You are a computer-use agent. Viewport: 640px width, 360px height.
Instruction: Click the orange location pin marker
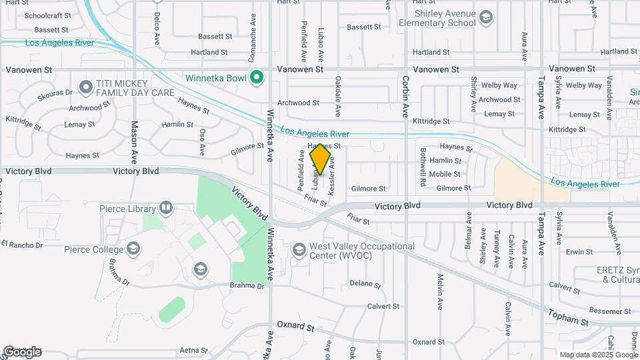[321, 160]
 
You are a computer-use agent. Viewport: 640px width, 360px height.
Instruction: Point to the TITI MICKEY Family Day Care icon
[85, 87]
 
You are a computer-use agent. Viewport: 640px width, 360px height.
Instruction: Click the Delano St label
[365, 284]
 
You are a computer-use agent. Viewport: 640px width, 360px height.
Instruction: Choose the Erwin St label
[579, 252]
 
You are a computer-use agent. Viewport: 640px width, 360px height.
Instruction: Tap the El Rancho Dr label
[22, 245]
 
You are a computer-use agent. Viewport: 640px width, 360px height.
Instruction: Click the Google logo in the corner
[22, 351]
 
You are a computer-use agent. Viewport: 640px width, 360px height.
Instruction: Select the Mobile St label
[445, 175]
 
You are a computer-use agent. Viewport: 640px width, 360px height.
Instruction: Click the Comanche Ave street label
[253, 29]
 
